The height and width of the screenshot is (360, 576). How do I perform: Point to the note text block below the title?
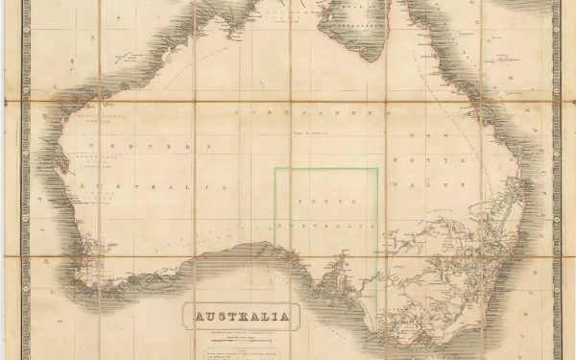pos(244,350)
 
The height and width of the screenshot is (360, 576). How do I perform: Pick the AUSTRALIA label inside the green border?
pos(325,224)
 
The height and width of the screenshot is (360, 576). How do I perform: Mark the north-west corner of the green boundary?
pos(276,170)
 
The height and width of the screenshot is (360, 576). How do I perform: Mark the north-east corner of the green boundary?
pos(377,170)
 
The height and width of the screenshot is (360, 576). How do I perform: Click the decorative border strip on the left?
pos(26,182)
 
